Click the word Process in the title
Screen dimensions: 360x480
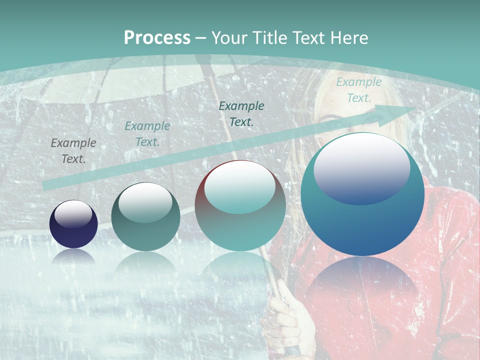[x=157, y=38]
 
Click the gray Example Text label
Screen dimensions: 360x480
[x=73, y=151]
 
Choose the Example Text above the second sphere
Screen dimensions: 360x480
[x=147, y=134]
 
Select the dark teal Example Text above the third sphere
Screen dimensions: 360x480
[x=241, y=113]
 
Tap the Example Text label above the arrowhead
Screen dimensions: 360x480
[x=358, y=90]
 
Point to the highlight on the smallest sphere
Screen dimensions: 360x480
[x=73, y=213]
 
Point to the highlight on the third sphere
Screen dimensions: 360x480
[x=240, y=186]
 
